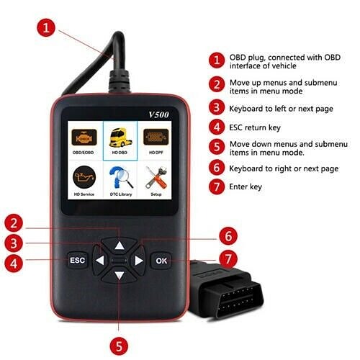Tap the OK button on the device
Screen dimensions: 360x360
click(x=161, y=260)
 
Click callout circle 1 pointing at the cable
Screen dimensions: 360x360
click(x=45, y=29)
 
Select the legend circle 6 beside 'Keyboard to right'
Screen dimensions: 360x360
click(x=216, y=168)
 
